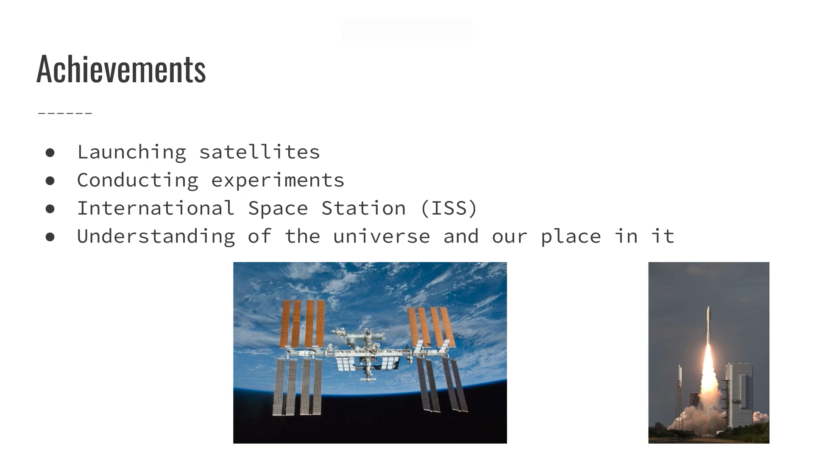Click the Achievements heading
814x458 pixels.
coord(121,69)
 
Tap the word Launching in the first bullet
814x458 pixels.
coord(131,152)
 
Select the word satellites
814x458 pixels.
coord(259,152)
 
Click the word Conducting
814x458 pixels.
coord(137,180)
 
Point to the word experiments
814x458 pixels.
coord(278,180)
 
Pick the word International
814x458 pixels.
coord(156,208)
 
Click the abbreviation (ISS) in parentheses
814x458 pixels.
coord(449,208)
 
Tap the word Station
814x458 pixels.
coord(363,208)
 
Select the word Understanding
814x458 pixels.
coord(156,236)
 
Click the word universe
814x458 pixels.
coord(381,236)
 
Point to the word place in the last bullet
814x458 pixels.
coord(571,236)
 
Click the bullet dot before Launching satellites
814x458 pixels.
coord(50,152)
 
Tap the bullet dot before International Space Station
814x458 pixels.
coord(50,208)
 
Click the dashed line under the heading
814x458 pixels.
coord(65,113)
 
